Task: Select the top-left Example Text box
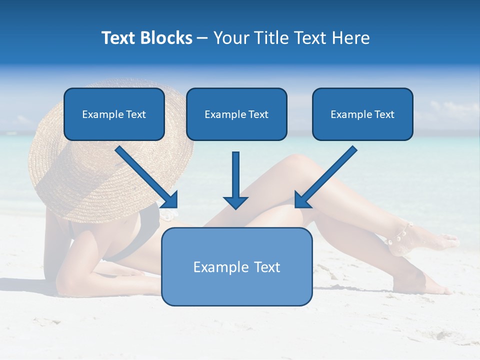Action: tap(114, 114)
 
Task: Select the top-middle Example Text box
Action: tap(236, 114)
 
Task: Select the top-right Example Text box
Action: tap(362, 114)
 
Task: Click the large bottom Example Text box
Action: tap(236, 266)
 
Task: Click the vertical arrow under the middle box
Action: tap(235, 175)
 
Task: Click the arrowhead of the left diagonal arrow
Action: tap(170, 200)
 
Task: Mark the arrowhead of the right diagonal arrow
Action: tap(301, 200)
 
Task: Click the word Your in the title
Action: tap(230, 38)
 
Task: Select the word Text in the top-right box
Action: tap(384, 114)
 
